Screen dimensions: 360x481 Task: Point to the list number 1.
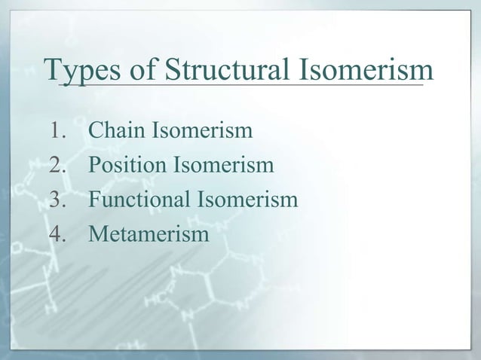(x=59, y=132)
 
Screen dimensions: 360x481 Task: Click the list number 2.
(x=60, y=166)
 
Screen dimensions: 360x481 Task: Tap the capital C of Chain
(x=96, y=132)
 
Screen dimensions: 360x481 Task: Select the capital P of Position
(x=95, y=166)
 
